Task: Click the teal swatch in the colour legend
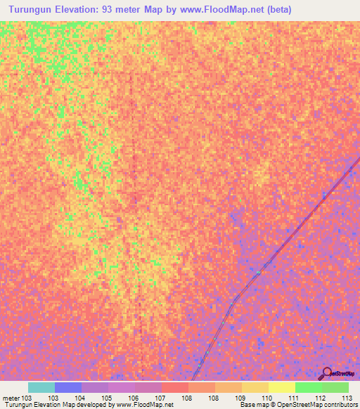(x=41, y=387)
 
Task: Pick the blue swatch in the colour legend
(x=68, y=387)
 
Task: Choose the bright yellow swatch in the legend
(x=281, y=387)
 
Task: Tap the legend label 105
(x=106, y=398)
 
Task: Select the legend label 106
(x=133, y=398)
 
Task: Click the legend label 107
(x=160, y=398)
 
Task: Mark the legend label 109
(x=240, y=398)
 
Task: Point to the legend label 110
(x=266, y=398)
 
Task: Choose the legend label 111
(x=293, y=398)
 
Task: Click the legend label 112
(x=320, y=398)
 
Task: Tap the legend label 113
(x=347, y=398)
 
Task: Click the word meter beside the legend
(x=11, y=398)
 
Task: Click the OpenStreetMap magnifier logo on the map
(x=327, y=372)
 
